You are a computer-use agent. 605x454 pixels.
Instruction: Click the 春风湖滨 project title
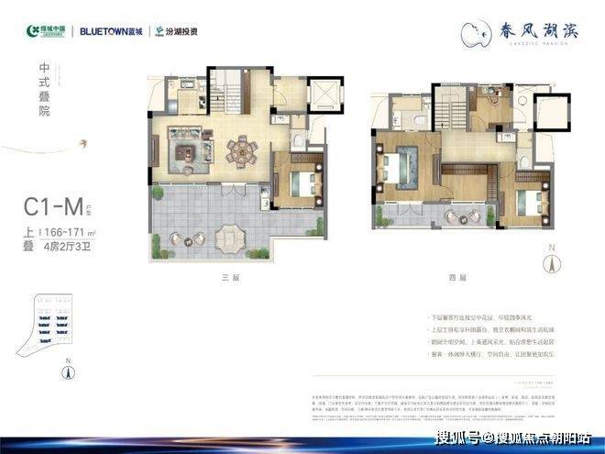point(528,30)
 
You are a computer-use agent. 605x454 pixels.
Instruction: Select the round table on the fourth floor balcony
point(455,216)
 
